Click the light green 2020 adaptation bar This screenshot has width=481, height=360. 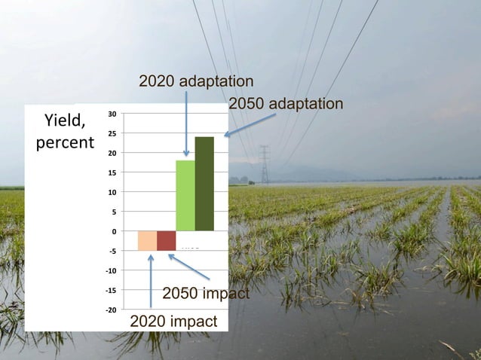(185, 195)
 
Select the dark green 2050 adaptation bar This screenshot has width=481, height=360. (204, 184)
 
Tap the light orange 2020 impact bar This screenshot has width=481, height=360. (147, 240)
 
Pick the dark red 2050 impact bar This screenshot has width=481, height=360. (167, 240)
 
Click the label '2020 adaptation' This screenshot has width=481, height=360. (196, 81)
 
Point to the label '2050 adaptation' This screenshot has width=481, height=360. (285, 103)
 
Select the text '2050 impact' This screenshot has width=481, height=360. (205, 293)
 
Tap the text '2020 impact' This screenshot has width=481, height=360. (173, 322)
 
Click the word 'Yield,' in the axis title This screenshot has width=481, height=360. (65, 121)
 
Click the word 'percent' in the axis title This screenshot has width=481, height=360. (65, 142)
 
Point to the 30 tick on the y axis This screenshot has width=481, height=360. (111, 114)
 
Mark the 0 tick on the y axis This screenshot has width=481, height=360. (113, 231)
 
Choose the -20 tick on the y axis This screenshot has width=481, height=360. (110, 310)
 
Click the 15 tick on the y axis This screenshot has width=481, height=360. (111, 172)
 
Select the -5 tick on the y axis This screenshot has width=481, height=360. (111, 251)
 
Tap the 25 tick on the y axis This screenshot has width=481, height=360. (111, 133)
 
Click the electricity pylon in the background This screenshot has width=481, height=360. (265, 164)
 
